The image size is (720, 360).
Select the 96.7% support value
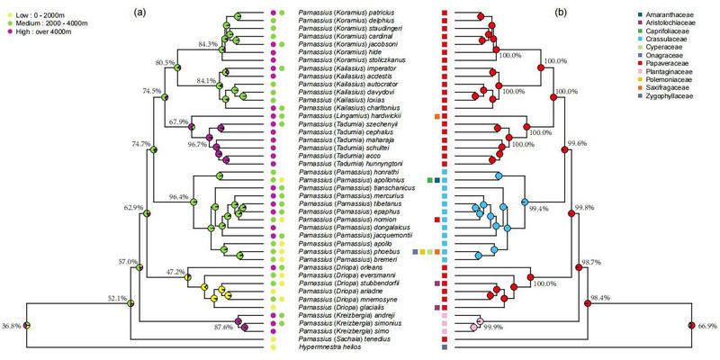[x=186, y=143]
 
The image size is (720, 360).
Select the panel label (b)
[x=562, y=13]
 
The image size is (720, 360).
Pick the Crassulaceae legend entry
[x=642, y=43]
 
